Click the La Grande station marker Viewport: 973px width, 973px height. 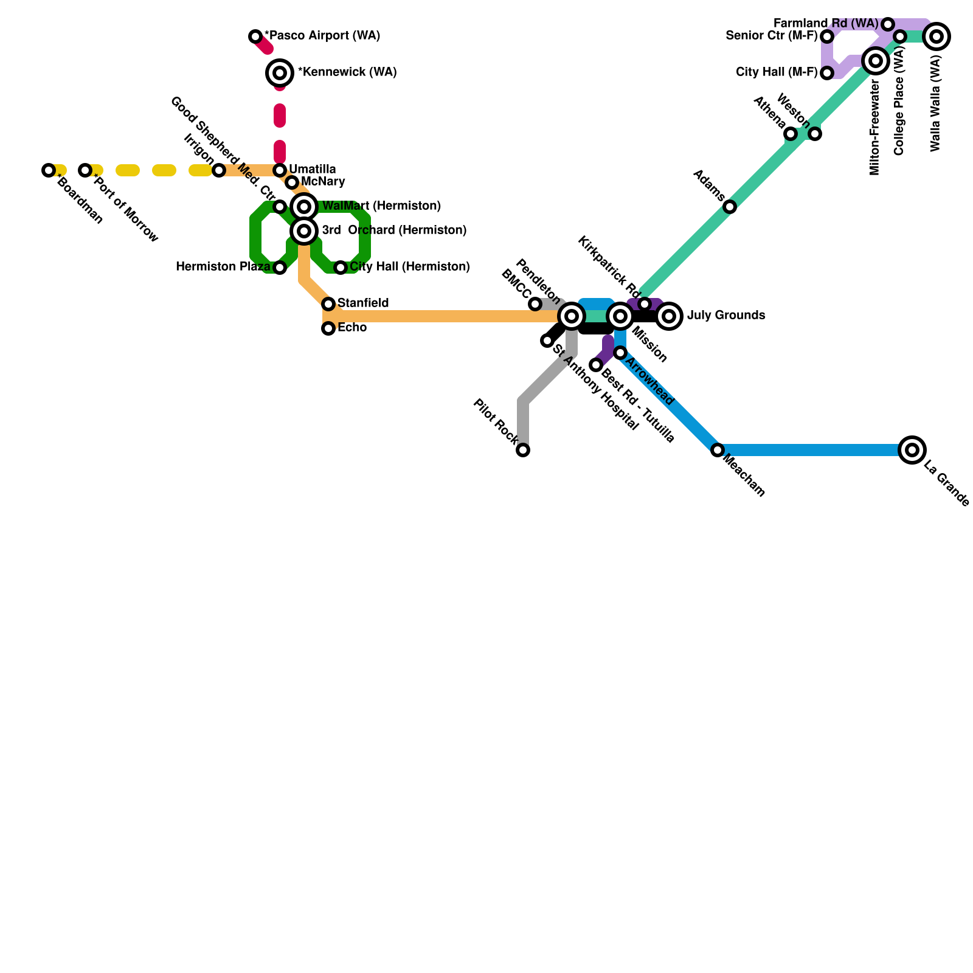(x=912, y=450)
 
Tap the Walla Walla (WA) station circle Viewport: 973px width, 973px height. (x=937, y=36)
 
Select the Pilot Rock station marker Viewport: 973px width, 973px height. (x=523, y=450)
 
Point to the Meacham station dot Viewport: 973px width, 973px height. (x=718, y=450)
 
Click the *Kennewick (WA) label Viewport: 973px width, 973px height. (x=347, y=72)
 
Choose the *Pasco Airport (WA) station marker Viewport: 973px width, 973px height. (x=255, y=36)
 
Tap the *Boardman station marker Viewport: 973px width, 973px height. (x=49, y=170)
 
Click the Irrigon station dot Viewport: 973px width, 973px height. (x=219, y=170)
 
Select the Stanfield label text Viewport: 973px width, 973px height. (x=363, y=303)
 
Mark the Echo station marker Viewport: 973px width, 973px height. (x=328, y=328)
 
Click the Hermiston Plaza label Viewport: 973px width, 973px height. (x=223, y=267)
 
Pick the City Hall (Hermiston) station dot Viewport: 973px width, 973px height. (x=341, y=268)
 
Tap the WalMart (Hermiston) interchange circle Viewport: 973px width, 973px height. (x=304, y=207)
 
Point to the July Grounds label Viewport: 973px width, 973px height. (x=726, y=316)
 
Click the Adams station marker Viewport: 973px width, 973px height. (x=730, y=207)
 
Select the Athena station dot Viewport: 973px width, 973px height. (x=791, y=134)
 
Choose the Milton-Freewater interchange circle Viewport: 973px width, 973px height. (x=876, y=61)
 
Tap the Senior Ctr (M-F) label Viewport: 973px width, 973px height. (x=772, y=36)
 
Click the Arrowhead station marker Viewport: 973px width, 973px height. (x=620, y=353)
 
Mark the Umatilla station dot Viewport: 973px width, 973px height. (x=280, y=170)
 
